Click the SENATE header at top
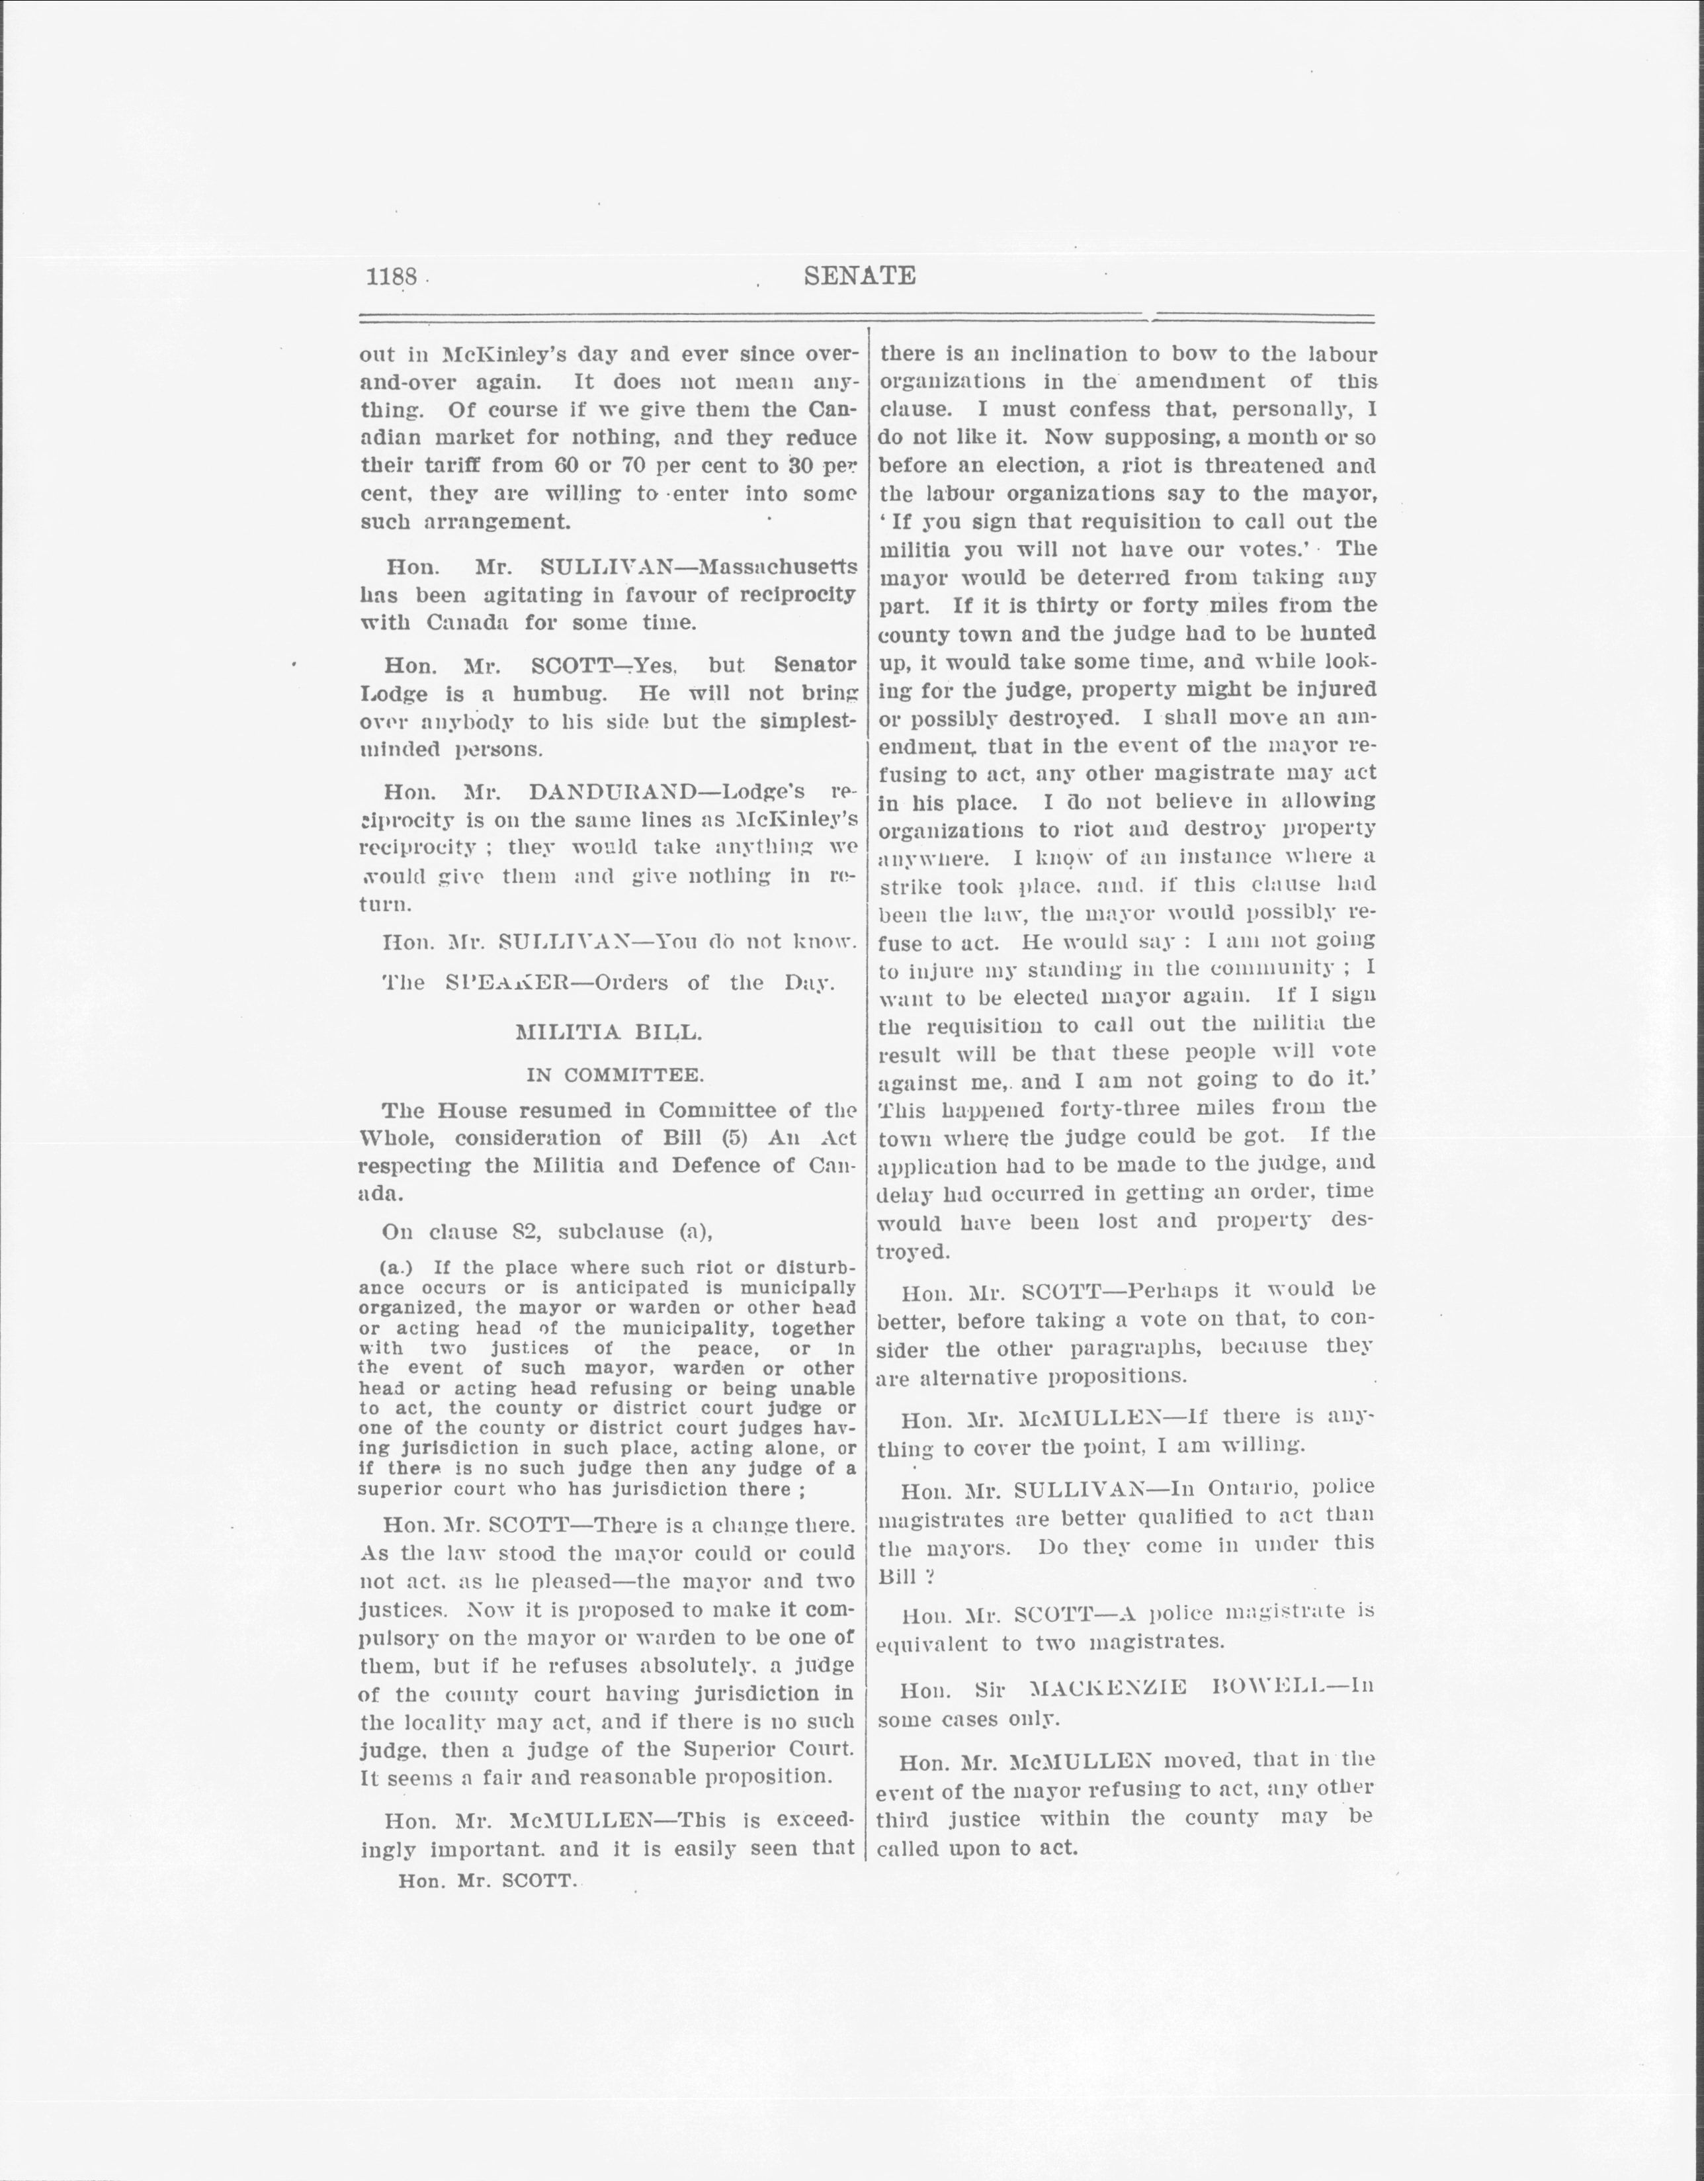[859, 276]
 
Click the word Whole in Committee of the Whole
[396, 1138]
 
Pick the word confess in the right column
[1108, 410]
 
